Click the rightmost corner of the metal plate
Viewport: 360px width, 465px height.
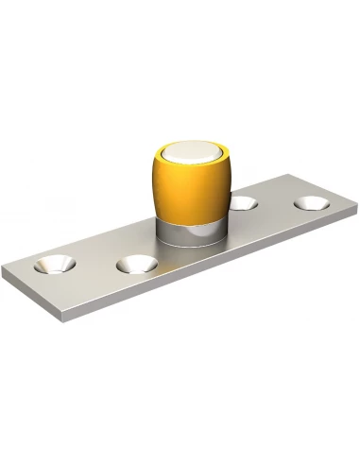click(x=355, y=200)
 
